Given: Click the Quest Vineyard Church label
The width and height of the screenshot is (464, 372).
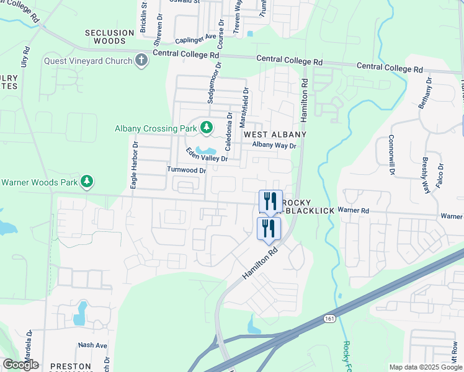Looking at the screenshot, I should click(88, 61).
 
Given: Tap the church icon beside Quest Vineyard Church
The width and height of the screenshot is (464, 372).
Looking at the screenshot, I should click(141, 61).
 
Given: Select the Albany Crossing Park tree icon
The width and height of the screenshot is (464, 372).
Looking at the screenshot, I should click(206, 129).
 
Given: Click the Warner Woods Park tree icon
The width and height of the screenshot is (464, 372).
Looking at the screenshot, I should click(88, 182).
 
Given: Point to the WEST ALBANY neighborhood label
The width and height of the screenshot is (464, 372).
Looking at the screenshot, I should click(275, 135).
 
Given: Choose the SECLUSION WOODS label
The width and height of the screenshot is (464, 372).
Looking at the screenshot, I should click(109, 37).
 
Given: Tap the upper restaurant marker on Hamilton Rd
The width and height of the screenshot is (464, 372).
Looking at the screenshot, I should click(270, 201).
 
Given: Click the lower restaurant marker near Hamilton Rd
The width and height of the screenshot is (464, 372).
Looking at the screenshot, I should click(269, 228).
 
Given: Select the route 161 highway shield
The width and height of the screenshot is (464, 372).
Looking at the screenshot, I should click(329, 318).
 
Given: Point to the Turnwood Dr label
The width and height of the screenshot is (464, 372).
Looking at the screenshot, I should click(186, 170).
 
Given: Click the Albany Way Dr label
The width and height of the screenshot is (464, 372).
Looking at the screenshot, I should click(274, 145).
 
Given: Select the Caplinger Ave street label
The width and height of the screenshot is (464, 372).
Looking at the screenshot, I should click(195, 39).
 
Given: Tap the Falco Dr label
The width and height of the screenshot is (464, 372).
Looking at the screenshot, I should click(441, 174).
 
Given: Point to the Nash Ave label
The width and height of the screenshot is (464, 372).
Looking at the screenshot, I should click(92, 345).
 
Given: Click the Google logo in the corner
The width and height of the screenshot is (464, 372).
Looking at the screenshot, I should click(20, 365).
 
